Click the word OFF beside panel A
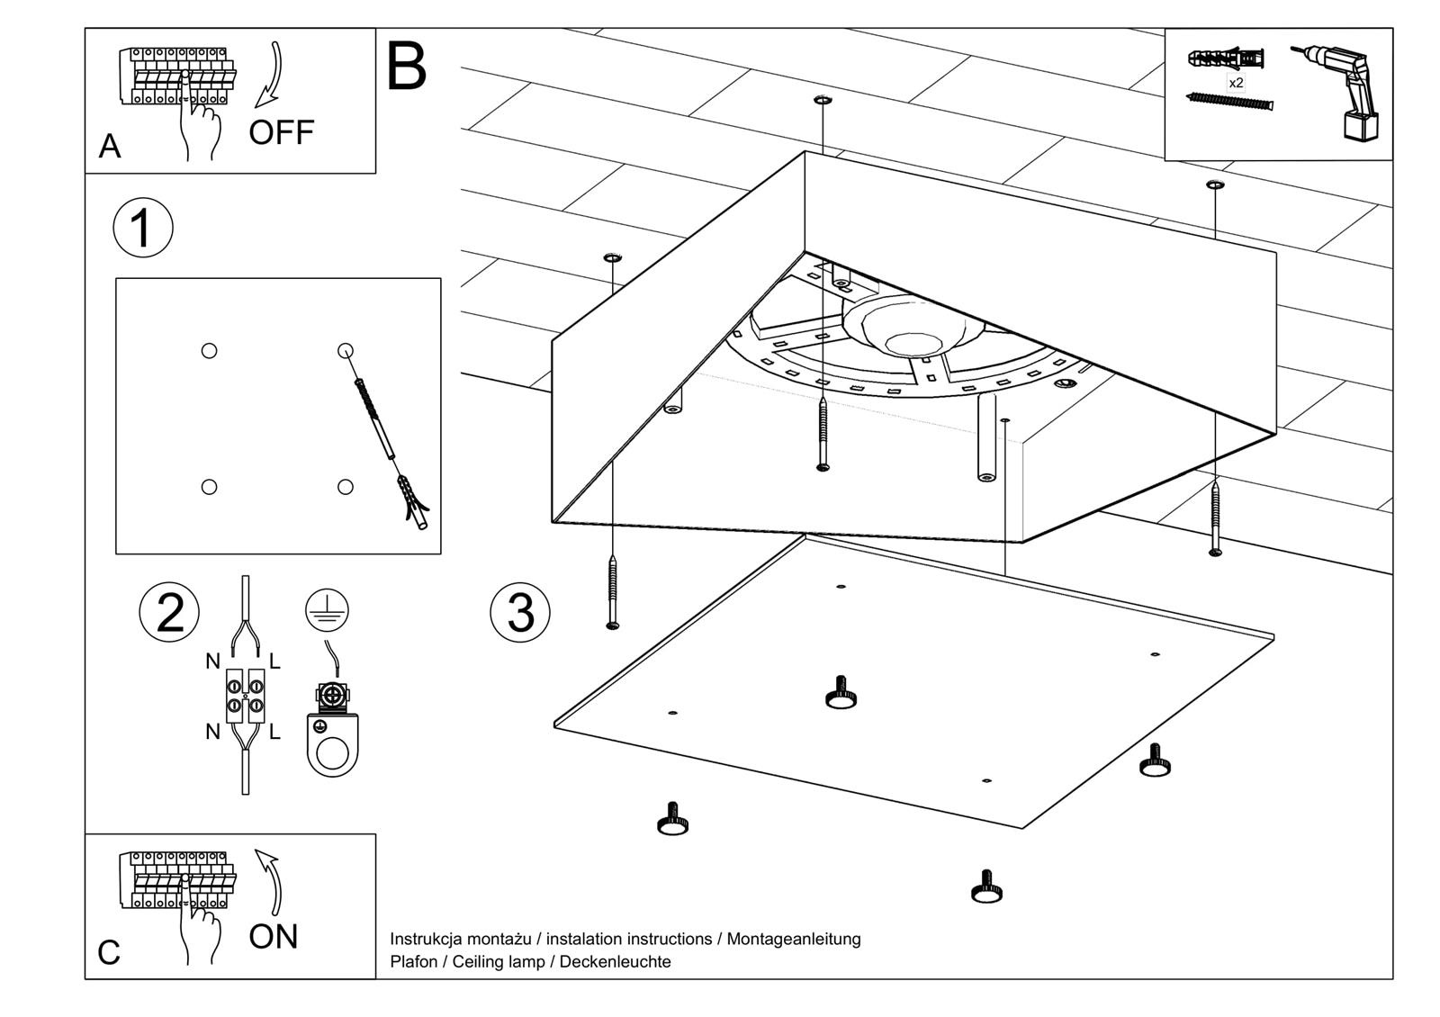[x=281, y=132]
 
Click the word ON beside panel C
[x=273, y=937]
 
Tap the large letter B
[x=406, y=66]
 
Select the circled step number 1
[x=143, y=228]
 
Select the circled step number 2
[x=169, y=613]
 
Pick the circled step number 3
[x=520, y=613]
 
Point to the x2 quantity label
[x=1236, y=83]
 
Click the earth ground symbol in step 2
[x=327, y=609]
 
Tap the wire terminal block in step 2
[x=245, y=697]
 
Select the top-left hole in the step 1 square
[x=209, y=351]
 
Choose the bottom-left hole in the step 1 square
[x=209, y=487]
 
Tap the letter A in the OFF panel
[x=109, y=146]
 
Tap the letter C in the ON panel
[x=108, y=952]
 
